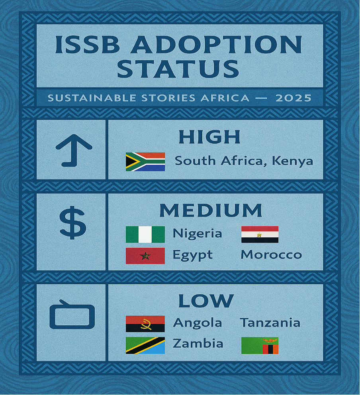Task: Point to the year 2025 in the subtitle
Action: pyautogui.click(x=293, y=98)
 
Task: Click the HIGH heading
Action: pyautogui.click(x=209, y=137)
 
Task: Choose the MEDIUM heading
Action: pyautogui.click(x=211, y=211)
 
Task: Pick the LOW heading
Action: pyautogui.click(x=205, y=301)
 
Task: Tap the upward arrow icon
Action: pyautogui.click(x=74, y=150)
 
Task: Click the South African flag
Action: pyautogui.click(x=145, y=162)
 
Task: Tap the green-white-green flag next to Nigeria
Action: pyautogui.click(x=145, y=234)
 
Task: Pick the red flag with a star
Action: pyautogui.click(x=145, y=256)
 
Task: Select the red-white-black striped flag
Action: pyautogui.click(x=260, y=234)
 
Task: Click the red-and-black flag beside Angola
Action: pyautogui.click(x=145, y=324)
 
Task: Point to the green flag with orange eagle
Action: pyautogui.click(x=260, y=346)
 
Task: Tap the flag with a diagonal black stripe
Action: pyautogui.click(x=145, y=346)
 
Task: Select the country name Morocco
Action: pyautogui.click(x=271, y=255)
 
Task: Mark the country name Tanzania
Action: pyautogui.click(x=270, y=323)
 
